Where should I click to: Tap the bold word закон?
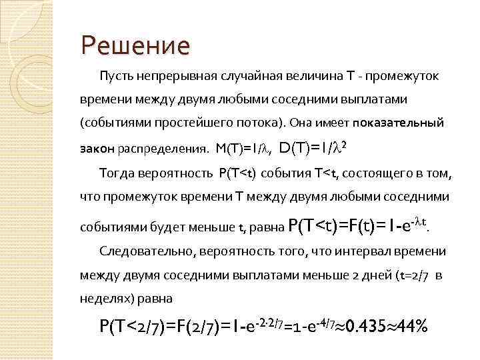[x=97, y=148]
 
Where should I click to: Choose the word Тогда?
[x=117, y=174]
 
